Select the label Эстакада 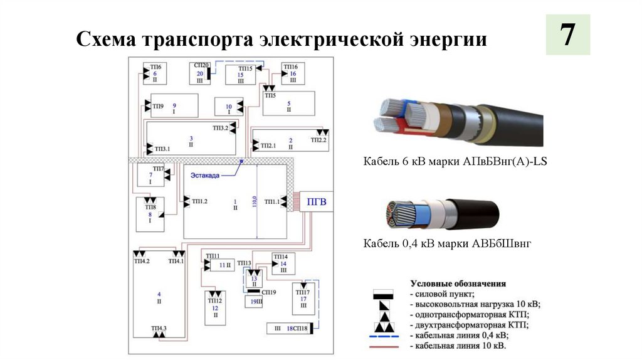pyautogui.click(x=206, y=176)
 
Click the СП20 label pyautogui.click(x=201, y=66)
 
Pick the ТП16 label pyautogui.click(x=291, y=66)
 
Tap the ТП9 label pyautogui.click(x=158, y=107)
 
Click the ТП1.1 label pyautogui.click(x=271, y=201)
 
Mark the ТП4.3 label pyautogui.click(x=159, y=329)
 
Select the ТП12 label pyautogui.click(x=215, y=301)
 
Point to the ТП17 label pyautogui.click(x=302, y=292)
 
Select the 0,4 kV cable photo pyautogui.click(x=441, y=214)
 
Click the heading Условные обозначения pyautogui.click(x=458, y=283)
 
